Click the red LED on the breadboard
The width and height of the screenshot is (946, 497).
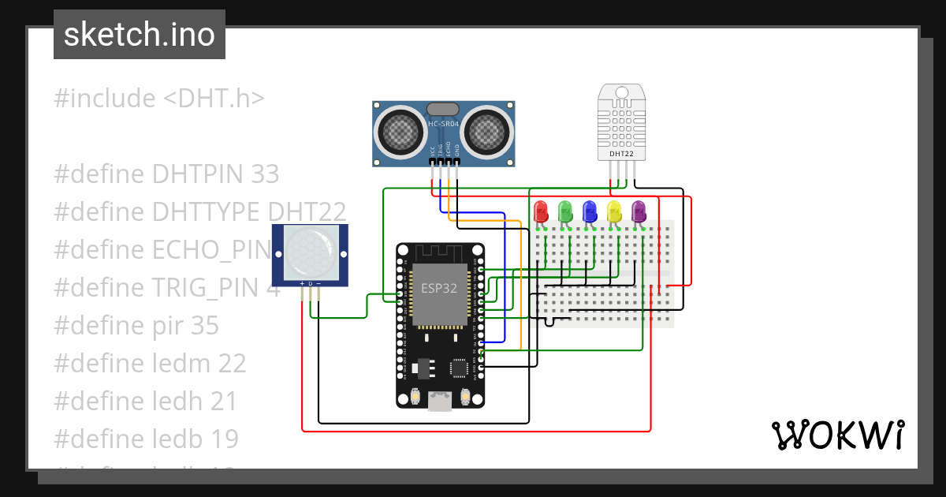click(541, 211)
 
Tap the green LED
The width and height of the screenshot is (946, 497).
click(565, 211)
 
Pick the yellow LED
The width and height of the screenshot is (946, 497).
click(614, 211)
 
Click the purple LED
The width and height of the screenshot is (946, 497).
click(639, 211)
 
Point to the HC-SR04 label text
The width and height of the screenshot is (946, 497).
click(443, 124)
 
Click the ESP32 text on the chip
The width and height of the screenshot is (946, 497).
click(438, 288)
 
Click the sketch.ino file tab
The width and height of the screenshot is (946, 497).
click(140, 35)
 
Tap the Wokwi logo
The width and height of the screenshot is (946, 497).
click(837, 435)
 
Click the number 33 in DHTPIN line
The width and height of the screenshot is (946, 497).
click(264, 174)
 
